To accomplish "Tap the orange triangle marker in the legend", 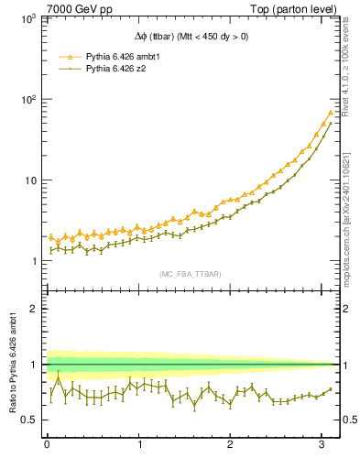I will (68, 56).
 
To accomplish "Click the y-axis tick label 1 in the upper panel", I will (31, 261).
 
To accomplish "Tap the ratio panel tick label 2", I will (31, 309).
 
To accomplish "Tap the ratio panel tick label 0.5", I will (27, 420).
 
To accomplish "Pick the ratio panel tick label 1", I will (31, 365).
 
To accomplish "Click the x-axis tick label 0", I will (47, 445).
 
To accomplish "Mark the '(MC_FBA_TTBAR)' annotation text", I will (190, 274).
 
